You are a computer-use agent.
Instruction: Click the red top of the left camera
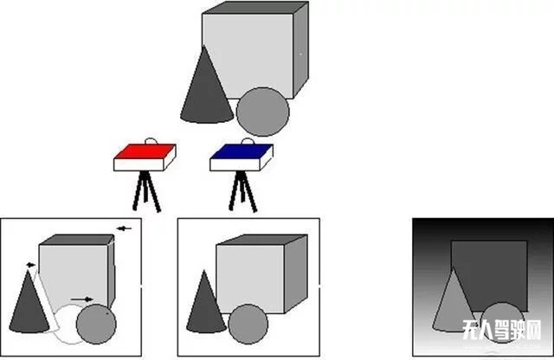coord(145,151)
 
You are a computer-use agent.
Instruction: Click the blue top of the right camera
coord(242,151)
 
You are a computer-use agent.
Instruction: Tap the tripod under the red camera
coord(146,191)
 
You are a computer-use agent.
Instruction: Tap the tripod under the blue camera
coord(242,191)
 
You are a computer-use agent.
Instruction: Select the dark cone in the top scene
coord(206,93)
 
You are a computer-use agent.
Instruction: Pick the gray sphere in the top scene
coord(263,112)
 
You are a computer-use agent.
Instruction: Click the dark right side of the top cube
coord(301,49)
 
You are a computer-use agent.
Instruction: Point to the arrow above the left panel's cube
coord(124,228)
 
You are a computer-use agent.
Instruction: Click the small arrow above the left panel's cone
coord(31,265)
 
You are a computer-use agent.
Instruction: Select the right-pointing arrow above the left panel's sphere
coord(81,299)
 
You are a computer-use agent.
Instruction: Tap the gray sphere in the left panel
coord(96,324)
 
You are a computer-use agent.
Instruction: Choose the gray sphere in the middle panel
coord(248,324)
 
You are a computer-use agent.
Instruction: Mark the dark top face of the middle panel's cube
coord(261,240)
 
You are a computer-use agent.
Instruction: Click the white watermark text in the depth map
coord(502,330)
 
